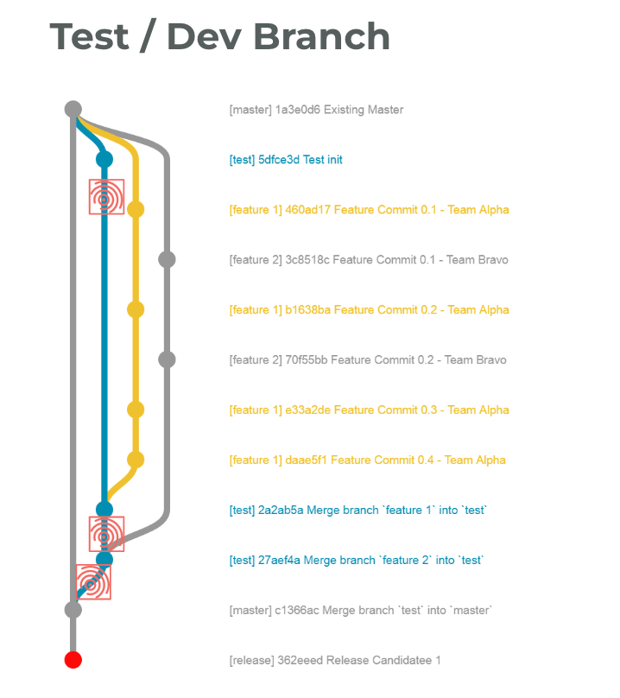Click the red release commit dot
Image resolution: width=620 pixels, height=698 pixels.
(x=73, y=660)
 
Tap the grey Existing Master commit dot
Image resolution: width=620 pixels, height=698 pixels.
(x=73, y=110)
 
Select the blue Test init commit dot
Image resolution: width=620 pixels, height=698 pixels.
(x=104, y=159)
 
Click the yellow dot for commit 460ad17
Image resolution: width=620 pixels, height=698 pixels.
(x=136, y=209)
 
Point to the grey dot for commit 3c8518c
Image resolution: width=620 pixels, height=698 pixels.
(x=168, y=259)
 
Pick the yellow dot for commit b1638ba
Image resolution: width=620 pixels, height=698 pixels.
(x=136, y=309)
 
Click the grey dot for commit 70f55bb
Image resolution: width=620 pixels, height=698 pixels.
(x=168, y=359)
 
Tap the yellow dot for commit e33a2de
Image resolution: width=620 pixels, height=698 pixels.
(x=136, y=409)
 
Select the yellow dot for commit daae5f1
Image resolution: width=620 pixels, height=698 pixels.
(x=136, y=460)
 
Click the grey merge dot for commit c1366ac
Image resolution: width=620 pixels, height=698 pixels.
(x=73, y=610)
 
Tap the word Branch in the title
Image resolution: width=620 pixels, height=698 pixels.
(x=319, y=36)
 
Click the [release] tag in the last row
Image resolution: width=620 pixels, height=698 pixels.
(x=250, y=661)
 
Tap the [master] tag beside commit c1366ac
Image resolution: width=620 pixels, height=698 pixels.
(x=250, y=611)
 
